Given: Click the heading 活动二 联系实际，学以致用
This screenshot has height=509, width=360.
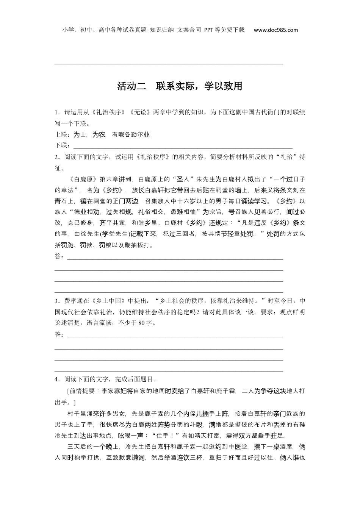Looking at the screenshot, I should pos(180,86).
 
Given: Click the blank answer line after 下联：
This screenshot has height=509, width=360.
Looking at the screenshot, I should pos(182,146).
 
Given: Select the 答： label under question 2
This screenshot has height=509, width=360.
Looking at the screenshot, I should pos(60,256).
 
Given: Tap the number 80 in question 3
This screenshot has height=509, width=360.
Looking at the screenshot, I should pos(142,323).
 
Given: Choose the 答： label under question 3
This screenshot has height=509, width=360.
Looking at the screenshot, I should pos(60,334).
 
